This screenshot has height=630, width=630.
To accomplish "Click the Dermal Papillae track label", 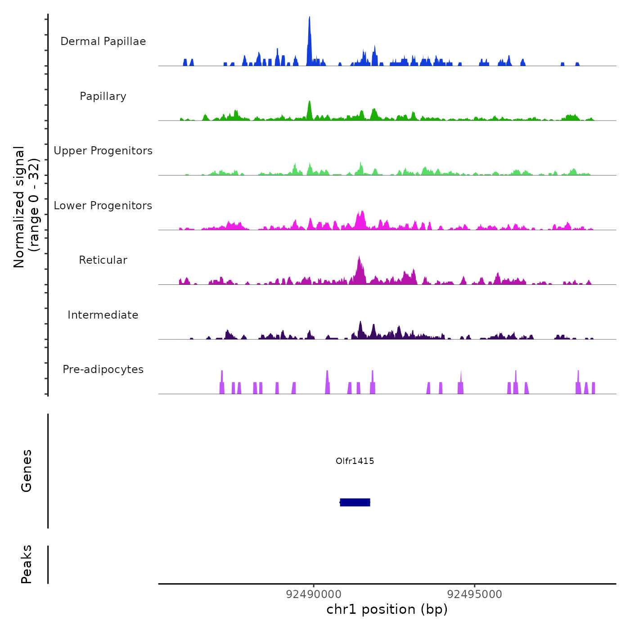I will (103, 41).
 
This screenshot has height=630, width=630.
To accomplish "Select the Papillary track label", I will (103, 96).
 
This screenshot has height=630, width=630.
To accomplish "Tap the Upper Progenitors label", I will (103, 151).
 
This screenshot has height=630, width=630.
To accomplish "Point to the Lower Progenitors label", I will (103, 206).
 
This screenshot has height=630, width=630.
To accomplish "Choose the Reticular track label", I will (103, 260).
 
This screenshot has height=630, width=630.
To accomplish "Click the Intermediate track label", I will (103, 315).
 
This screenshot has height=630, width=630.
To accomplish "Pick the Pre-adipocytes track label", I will (103, 369).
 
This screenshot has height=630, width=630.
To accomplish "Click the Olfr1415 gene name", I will (355, 461).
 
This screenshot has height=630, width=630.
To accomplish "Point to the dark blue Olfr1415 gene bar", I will (355, 502).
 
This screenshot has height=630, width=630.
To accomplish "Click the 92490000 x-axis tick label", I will (314, 594).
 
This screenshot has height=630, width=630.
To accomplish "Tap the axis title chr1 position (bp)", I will (387, 609).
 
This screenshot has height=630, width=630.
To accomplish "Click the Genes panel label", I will (27, 471).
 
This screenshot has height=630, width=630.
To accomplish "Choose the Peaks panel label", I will (27, 564).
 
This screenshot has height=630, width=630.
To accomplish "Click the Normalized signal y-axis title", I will (26, 207).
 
